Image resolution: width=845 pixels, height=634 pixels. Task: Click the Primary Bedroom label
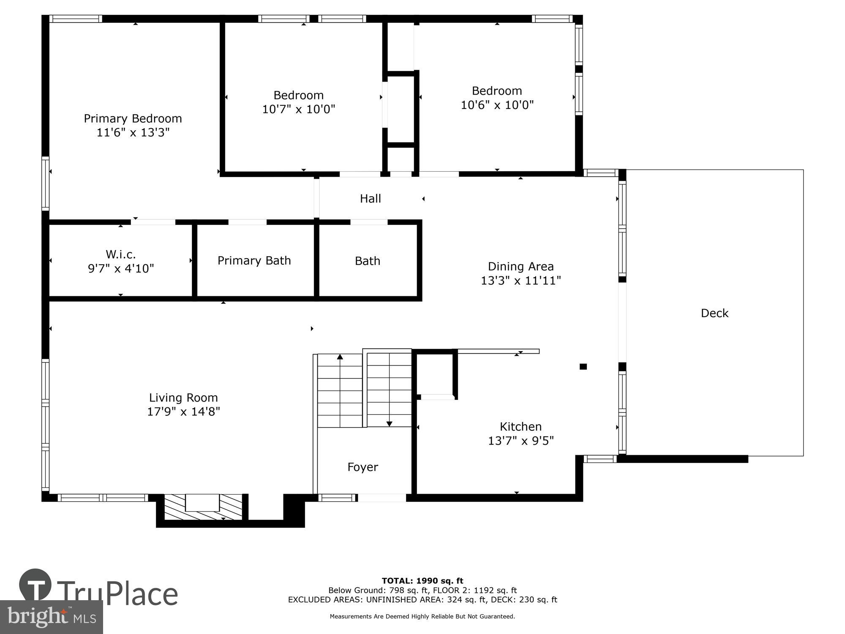coord(133,119)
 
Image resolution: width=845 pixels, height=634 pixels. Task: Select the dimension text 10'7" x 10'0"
coord(298,109)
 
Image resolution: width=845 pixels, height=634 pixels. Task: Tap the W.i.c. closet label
coord(121,254)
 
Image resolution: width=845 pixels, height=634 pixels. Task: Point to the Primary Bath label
coord(254,261)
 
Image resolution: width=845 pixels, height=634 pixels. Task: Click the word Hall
coord(370,199)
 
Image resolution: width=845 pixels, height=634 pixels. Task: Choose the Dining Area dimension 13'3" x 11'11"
coord(521,281)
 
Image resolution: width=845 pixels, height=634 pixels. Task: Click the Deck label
coord(714,313)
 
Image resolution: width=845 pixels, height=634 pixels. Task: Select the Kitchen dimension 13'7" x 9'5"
coord(521,441)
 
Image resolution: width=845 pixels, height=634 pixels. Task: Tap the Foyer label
coord(363,467)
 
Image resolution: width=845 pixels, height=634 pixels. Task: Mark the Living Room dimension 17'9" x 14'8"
coord(183,412)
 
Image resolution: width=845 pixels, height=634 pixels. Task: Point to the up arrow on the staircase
coord(340,357)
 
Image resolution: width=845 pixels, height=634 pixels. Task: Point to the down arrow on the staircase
coord(389,424)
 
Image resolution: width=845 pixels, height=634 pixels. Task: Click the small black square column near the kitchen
coord(583,366)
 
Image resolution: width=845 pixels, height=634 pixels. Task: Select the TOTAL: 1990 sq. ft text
coord(422,581)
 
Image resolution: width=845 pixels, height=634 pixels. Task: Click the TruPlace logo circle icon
coord(35,585)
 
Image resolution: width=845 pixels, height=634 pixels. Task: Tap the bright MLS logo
coord(52,617)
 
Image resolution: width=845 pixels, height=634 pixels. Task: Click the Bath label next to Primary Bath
coord(367,261)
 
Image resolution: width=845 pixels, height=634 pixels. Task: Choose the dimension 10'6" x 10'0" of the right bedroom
coord(497,105)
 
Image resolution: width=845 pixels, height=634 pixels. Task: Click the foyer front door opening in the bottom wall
coord(382,498)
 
